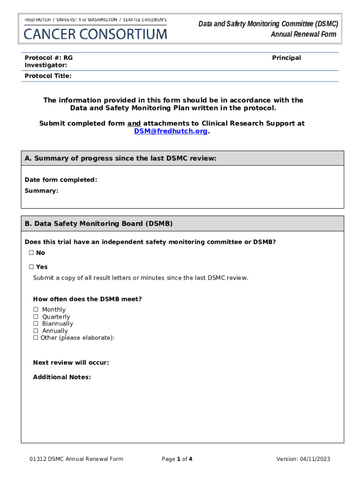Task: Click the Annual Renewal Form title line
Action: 303,34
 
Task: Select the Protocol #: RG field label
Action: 49,58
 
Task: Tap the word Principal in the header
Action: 287,58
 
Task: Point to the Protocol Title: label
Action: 48,76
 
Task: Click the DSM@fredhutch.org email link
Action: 171,131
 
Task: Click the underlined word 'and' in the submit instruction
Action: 134,123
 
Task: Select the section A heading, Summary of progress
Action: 121,159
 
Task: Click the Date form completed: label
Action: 61,180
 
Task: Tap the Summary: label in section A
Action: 42,191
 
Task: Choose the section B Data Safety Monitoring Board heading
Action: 99,224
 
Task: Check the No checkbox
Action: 31,253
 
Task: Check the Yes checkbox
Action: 31,267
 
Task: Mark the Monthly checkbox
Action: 36,310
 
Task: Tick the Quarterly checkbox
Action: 36,317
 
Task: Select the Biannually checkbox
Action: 36,324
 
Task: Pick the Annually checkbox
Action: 36,331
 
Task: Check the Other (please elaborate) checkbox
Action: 36,338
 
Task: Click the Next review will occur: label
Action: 71,363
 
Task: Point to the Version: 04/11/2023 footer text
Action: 303,459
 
